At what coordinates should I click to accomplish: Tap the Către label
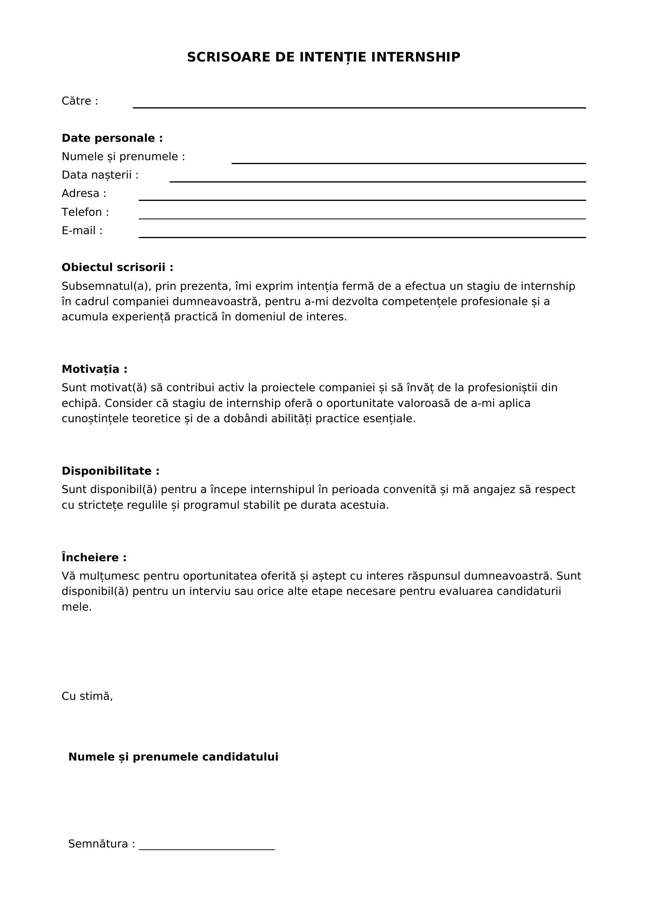[x=80, y=101]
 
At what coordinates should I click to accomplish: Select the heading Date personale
[x=112, y=138]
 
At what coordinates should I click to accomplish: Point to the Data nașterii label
[x=100, y=175]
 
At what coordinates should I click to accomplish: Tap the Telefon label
[x=85, y=212]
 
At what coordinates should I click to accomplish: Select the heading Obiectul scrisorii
[x=117, y=267]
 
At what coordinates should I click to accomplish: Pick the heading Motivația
[x=94, y=369]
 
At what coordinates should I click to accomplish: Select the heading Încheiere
[x=94, y=557]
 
